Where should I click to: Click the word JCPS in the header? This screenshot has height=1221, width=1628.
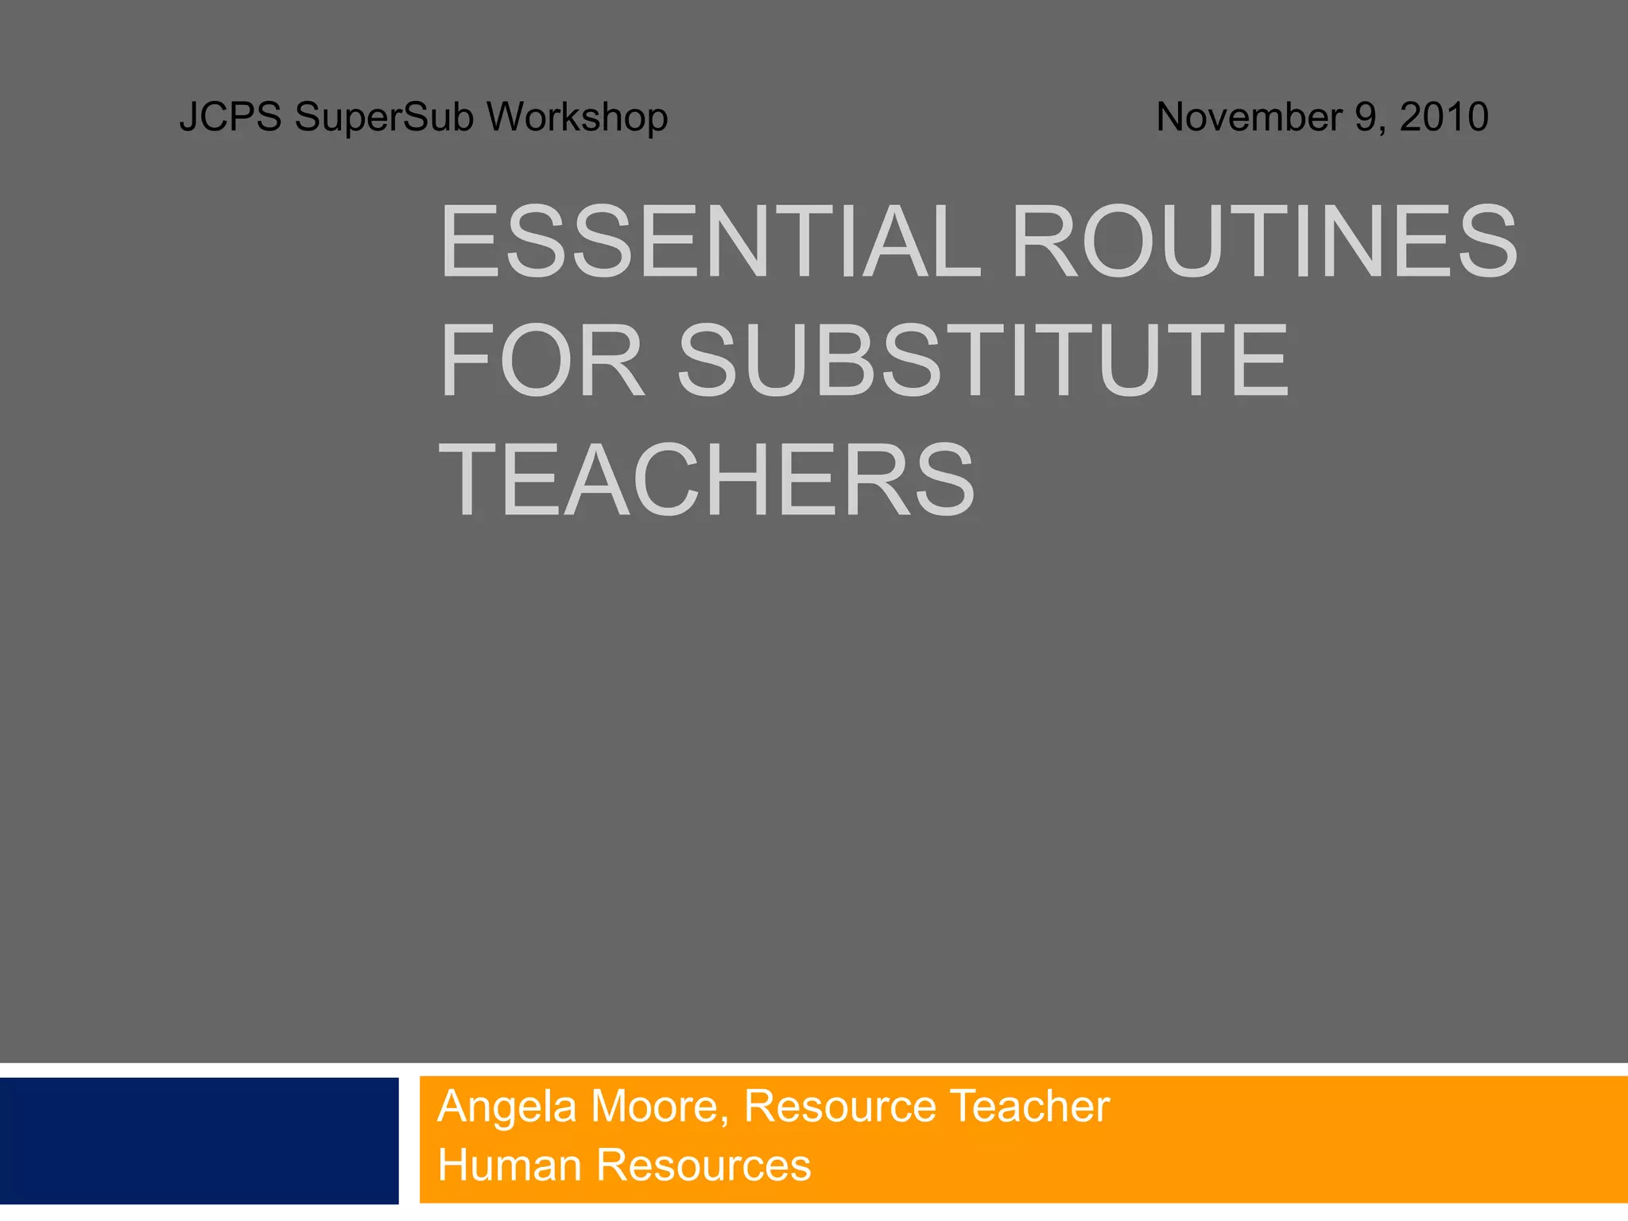point(230,117)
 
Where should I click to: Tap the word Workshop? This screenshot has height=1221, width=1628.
point(577,117)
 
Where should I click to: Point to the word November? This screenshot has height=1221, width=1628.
point(1249,117)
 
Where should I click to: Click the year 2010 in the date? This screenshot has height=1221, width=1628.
point(1444,117)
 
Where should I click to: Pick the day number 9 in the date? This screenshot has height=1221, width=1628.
point(1366,117)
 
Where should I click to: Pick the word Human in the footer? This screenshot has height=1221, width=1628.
point(510,1165)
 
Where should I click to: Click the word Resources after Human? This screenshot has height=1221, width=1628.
point(704,1165)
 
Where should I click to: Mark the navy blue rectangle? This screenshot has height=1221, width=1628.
point(199,1141)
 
